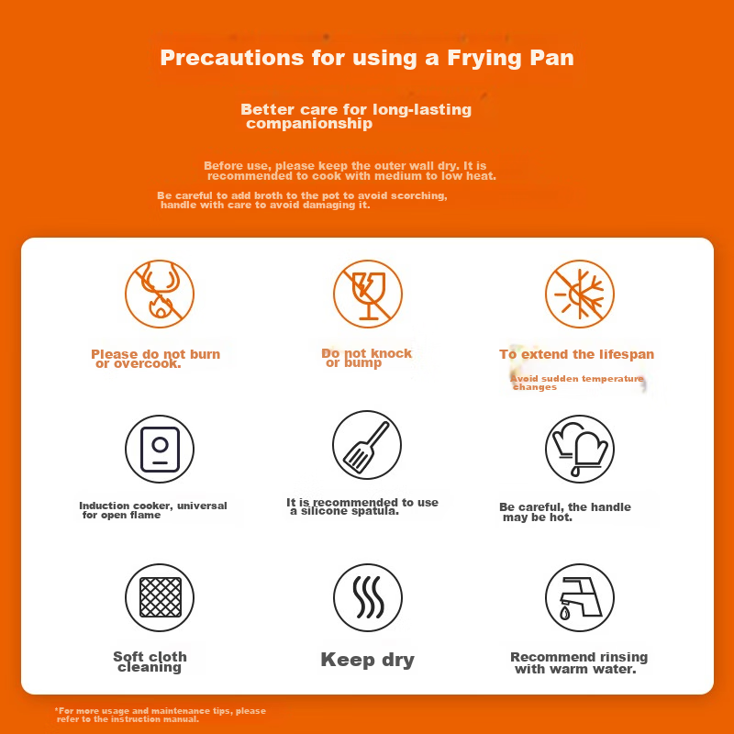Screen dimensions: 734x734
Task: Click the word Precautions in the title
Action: (x=232, y=58)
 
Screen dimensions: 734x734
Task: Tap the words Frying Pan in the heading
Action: (x=510, y=59)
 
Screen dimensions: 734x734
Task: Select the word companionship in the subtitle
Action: (x=309, y=124)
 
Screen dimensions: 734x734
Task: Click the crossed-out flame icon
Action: (x=160, y=294)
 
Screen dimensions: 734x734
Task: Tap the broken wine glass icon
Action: (x=368, y=294)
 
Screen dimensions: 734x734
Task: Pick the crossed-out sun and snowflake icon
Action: (x=580, y=294)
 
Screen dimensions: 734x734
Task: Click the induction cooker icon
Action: (x=160, y=449)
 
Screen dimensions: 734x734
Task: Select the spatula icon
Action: (x=367, y=445)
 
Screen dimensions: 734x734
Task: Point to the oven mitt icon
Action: (x=580, y=449)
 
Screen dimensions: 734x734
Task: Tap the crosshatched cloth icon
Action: (x=160, y=598)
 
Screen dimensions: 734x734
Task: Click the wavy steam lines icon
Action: (x=368, y=598)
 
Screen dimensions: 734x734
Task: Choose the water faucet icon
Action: (x=580, y=598)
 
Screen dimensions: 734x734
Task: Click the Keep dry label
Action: (x=368, y=660)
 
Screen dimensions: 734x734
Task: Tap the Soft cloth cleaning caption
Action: (x=150, y=662)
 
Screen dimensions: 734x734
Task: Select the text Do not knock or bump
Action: (x=366, y=358)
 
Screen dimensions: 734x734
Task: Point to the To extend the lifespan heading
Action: (x=577, y=354)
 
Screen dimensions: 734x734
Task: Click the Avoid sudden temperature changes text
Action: (x=577, y=383)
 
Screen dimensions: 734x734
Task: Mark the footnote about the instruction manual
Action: (x=160, y=715)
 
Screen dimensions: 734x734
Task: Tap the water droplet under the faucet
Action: (x=565, y=613)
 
